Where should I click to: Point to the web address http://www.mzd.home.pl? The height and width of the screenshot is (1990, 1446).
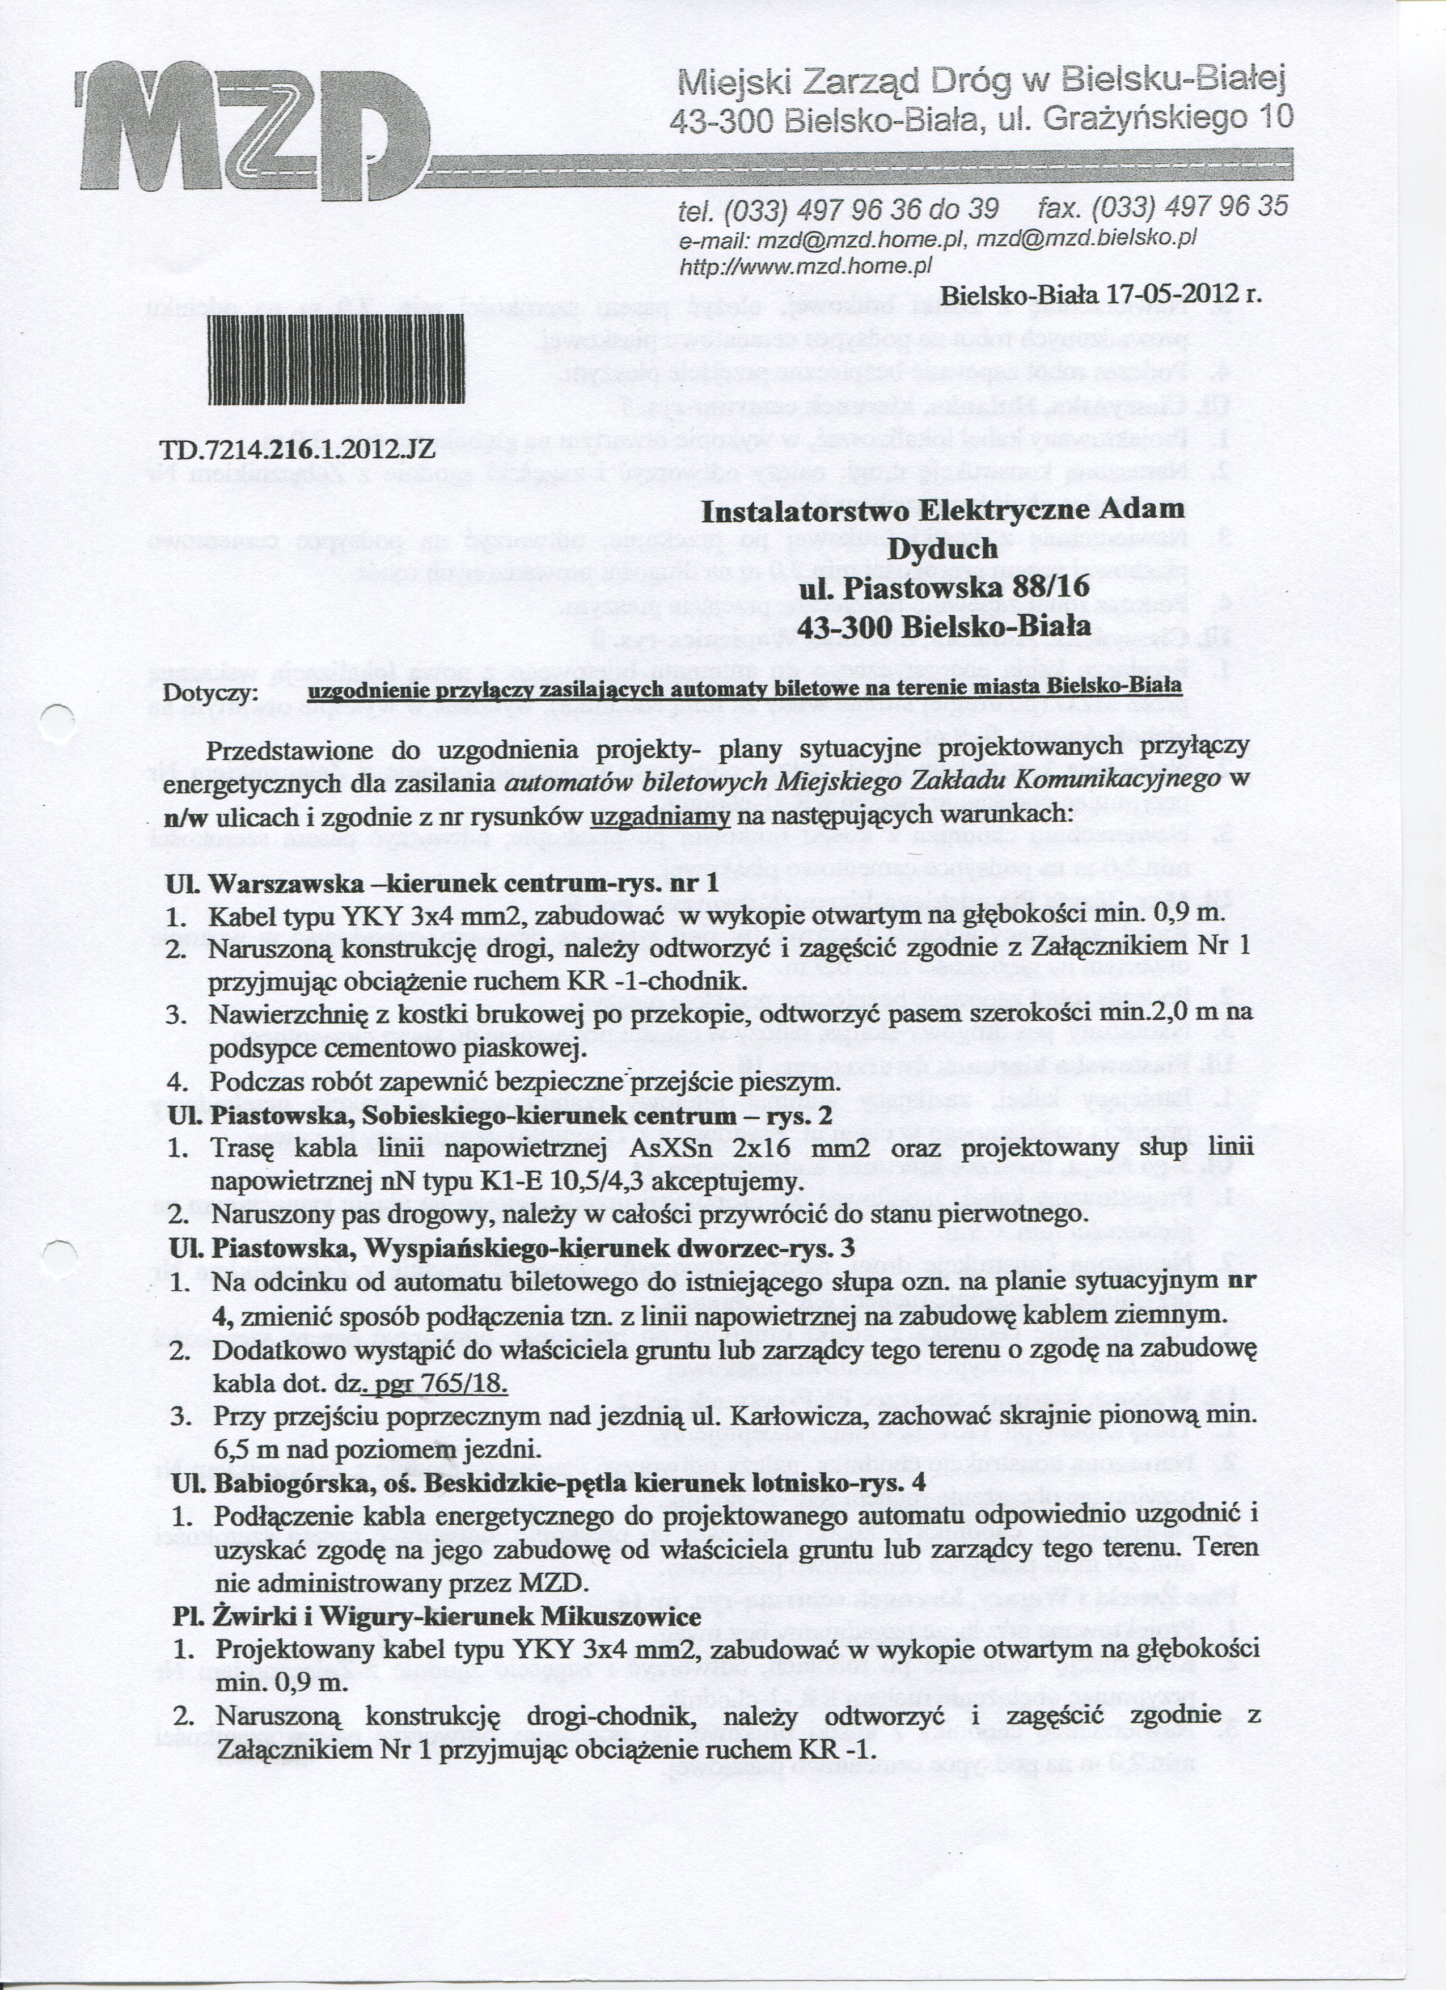click(804, 265)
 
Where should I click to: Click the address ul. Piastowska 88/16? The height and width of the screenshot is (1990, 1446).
click(943, 587)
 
